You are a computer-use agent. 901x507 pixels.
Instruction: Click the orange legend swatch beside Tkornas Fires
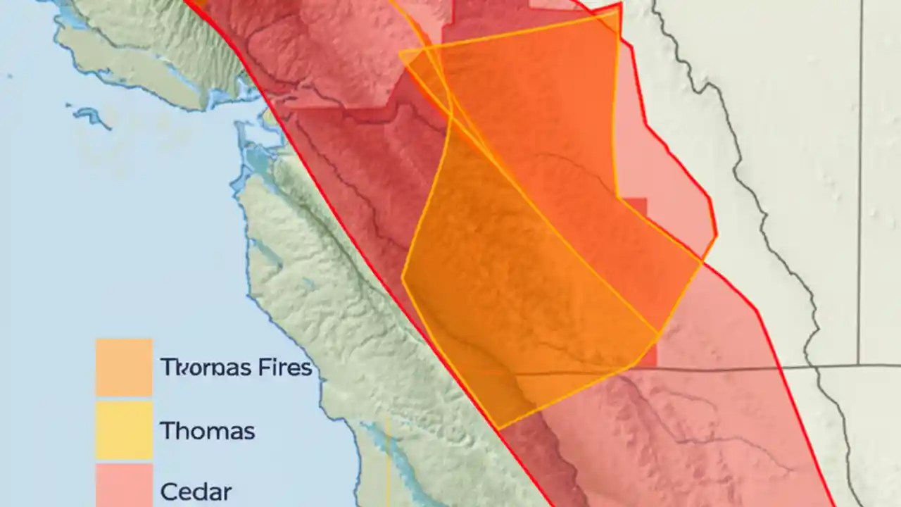(x=124, y=368)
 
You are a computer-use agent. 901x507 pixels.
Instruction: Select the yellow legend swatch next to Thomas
(x=124, y=430)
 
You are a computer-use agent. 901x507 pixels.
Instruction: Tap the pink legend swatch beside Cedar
(x=124, y=486)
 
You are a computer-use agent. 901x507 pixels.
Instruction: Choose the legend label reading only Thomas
(x=207, y=430)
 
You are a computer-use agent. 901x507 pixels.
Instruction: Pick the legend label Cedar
(x=196, y=491)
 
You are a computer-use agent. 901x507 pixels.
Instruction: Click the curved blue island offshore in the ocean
(x=89, y=115)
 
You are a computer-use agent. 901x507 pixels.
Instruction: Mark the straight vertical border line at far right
(x=860, y=176)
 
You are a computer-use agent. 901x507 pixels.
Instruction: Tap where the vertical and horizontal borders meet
(x=859, y=365)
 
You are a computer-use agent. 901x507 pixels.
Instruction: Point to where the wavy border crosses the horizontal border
(x=809, y=365)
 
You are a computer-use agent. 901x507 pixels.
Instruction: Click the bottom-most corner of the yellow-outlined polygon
(x=498, y=428)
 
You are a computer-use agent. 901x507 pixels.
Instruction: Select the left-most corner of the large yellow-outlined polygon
(x=403, y=277)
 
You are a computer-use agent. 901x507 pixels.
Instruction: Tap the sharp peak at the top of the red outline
(x=619, y=4)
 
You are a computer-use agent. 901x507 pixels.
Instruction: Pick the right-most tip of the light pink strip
(x=717, y=236)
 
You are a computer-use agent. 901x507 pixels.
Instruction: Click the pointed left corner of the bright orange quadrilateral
(x=400, y=53)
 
